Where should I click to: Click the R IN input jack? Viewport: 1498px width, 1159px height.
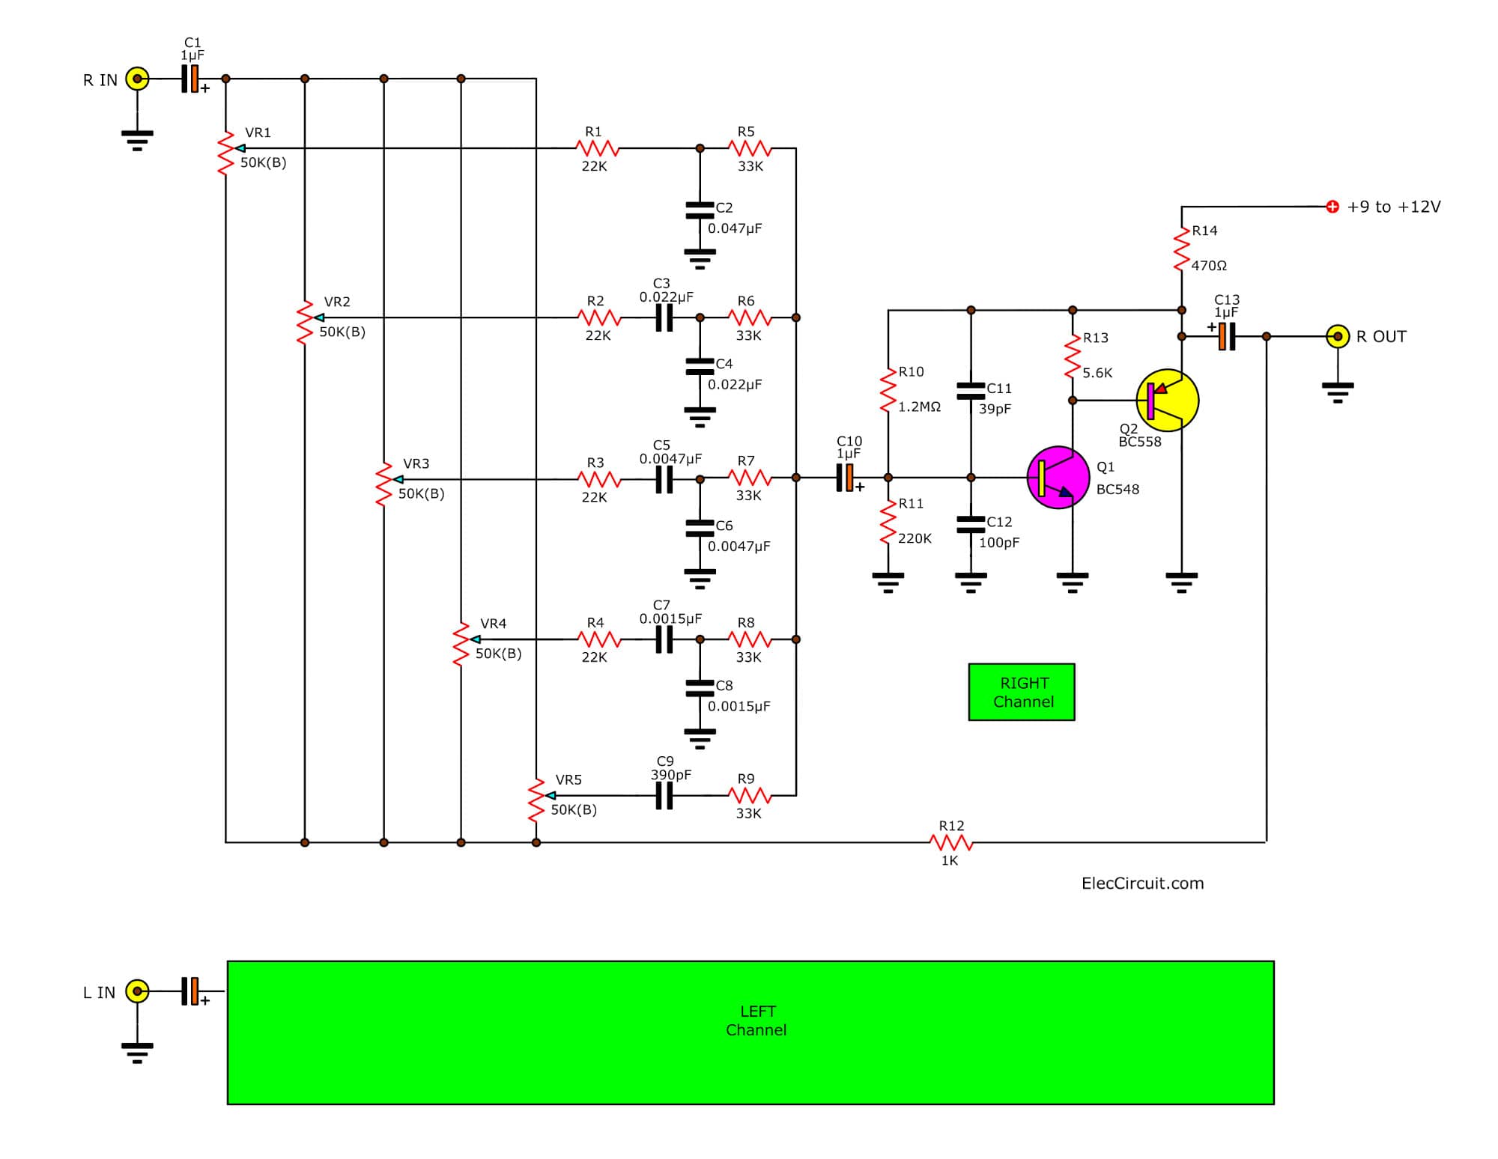(x=137, y=79)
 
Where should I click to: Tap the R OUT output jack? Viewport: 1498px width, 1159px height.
(x=1338, y=336)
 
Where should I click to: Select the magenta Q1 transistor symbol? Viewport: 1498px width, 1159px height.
(x=1058, y=478)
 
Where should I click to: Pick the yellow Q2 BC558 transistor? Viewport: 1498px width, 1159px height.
(x=1167, y=401)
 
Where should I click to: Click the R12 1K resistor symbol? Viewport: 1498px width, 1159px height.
(x=951, y=843)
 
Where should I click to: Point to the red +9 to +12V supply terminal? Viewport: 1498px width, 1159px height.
(x=1332, y=207)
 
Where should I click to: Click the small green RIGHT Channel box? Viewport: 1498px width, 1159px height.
(x=1022, y=693)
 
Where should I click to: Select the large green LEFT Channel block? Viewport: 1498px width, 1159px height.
(x=750, y=1032)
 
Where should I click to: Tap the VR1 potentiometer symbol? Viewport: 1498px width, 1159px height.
(x=226, y=153)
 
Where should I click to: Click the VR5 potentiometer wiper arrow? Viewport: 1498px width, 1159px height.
(x=551, y=796)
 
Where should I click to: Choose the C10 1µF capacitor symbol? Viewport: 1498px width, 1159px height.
(x=846, y=478)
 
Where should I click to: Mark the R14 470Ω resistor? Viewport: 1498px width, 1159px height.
(x=1182, y=249)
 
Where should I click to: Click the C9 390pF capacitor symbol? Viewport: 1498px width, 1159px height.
(x=664, y=796)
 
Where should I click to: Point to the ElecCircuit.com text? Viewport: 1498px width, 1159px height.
(x=1142, y=883)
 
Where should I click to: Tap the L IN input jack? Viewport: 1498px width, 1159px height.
(x=137, y=991)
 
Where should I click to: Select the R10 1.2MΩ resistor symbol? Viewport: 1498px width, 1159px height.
(x=888, y=389)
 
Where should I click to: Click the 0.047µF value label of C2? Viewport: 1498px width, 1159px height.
(x=735, y=228)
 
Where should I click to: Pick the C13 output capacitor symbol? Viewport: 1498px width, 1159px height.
(x=1225, y=336)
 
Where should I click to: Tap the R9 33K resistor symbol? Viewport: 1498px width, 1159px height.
(x=750, y=796)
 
